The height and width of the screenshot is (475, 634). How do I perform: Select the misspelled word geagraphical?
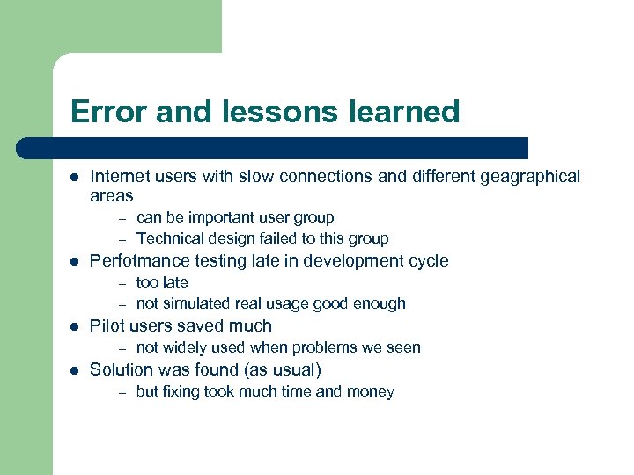pyautogui.click(x=529, y=176)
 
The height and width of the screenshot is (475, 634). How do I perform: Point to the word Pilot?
pyautogui.click(x=107, y=325)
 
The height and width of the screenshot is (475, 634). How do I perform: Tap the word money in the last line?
pyautogui.click(x=372, y=391)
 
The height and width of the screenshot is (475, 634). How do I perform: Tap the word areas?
pyautogui.click(x=112, y=195)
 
